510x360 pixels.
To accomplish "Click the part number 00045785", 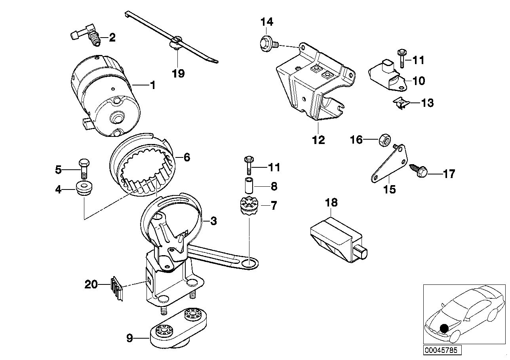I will (438, 350).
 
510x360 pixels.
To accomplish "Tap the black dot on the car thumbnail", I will (445, 328).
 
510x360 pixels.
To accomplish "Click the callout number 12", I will (318, 140).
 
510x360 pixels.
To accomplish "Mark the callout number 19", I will (178, 73).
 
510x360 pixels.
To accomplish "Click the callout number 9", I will (129, 338).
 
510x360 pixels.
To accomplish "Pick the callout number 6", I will (186, 157).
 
